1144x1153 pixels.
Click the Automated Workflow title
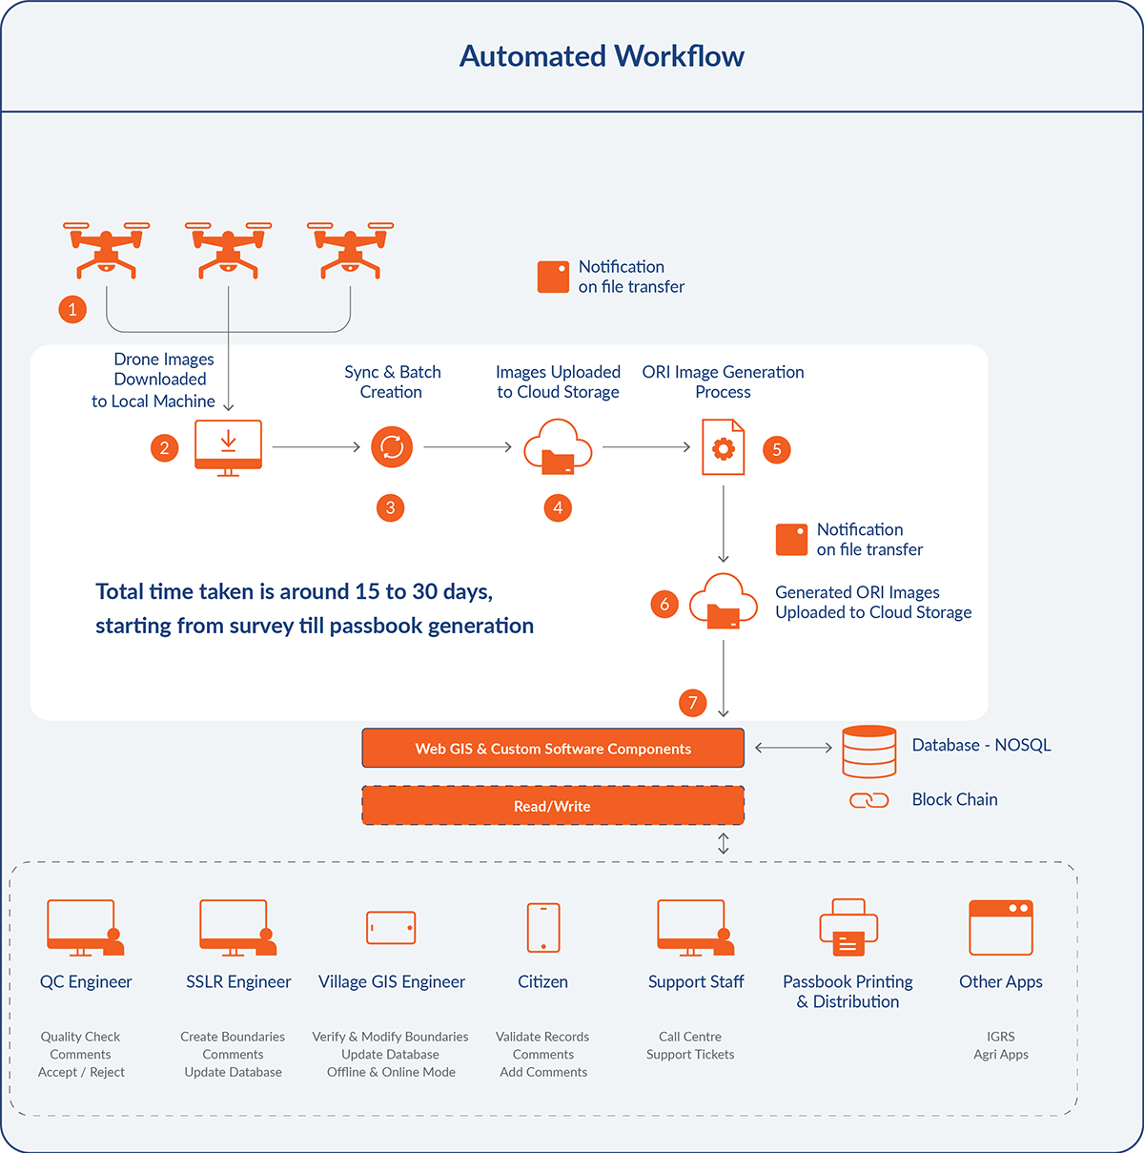[x=602, y=56]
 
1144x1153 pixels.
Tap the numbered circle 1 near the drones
[x=72, y=309]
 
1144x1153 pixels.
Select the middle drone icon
[x=228, y=249]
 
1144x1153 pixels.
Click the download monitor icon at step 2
[x=228, y=446]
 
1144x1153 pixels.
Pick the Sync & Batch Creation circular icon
[x=392, y=446]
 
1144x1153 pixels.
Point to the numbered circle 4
[x=558, y=507]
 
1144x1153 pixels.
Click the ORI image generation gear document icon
[x=723, y=447]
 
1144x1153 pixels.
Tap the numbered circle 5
[x=777, y=449]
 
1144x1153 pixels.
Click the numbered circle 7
[x=693, y=703]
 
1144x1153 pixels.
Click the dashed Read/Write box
[x=553, y=806]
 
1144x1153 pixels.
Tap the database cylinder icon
[x=868, y=752]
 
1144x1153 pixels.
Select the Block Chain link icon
[x=868, y=800]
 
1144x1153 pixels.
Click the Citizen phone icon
[x=543, y=928]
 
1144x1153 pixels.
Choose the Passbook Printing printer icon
[x=848, y=928]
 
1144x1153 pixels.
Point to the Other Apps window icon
[x=1001, y=928]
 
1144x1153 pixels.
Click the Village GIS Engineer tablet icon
[x=391, y=928]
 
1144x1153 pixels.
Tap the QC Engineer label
[x=86, y=981]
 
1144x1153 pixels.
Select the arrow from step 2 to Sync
[x=317, y=446]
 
